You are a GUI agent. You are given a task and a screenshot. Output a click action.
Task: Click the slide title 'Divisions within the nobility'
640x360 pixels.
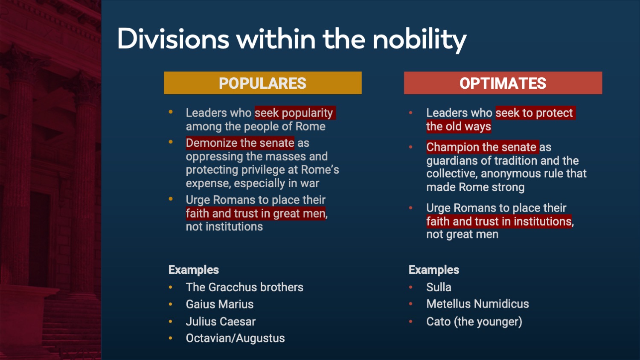pos(292,39)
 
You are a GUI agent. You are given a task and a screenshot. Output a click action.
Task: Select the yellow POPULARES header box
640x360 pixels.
pos(262,83)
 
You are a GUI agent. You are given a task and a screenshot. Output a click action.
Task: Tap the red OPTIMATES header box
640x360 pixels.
pos(503,83)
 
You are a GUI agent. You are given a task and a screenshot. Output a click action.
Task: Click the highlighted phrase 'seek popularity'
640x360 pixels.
pos(294,113)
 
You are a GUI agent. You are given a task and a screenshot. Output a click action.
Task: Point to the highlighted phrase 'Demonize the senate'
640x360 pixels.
pos(240,143)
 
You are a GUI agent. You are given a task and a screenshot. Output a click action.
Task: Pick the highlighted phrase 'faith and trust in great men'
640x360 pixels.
pos(256,213)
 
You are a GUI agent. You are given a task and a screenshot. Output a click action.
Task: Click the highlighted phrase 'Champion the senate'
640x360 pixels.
pos(482,147)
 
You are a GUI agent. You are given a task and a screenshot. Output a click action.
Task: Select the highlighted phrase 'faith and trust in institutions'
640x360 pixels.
pos(499,221)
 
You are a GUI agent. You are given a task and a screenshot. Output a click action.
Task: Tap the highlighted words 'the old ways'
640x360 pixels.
pos(459,127)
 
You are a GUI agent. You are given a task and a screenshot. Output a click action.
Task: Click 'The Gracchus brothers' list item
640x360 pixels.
pos(244,287)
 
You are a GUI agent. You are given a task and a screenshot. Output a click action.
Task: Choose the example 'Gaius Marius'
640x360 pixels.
pos(220,305)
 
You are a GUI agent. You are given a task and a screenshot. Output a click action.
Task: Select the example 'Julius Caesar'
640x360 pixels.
pos(221,322)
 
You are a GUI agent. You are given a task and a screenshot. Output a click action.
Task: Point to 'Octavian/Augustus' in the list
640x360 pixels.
pos(235,338)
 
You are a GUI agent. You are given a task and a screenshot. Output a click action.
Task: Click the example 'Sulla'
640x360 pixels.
pos(439,287)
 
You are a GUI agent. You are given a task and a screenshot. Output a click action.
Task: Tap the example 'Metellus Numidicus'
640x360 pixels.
pos(477,304)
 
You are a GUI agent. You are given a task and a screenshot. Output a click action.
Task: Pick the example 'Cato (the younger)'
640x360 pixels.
pos(474,322)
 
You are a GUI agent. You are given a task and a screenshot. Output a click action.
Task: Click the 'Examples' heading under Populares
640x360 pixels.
pos(194,270)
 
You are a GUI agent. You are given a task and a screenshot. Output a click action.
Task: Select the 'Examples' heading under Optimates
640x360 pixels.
pos(434,270)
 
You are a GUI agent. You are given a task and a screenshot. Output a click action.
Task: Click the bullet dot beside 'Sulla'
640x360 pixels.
pos(411,287)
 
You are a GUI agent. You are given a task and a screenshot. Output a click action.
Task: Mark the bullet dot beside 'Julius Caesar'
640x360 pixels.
pos(171,322)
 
